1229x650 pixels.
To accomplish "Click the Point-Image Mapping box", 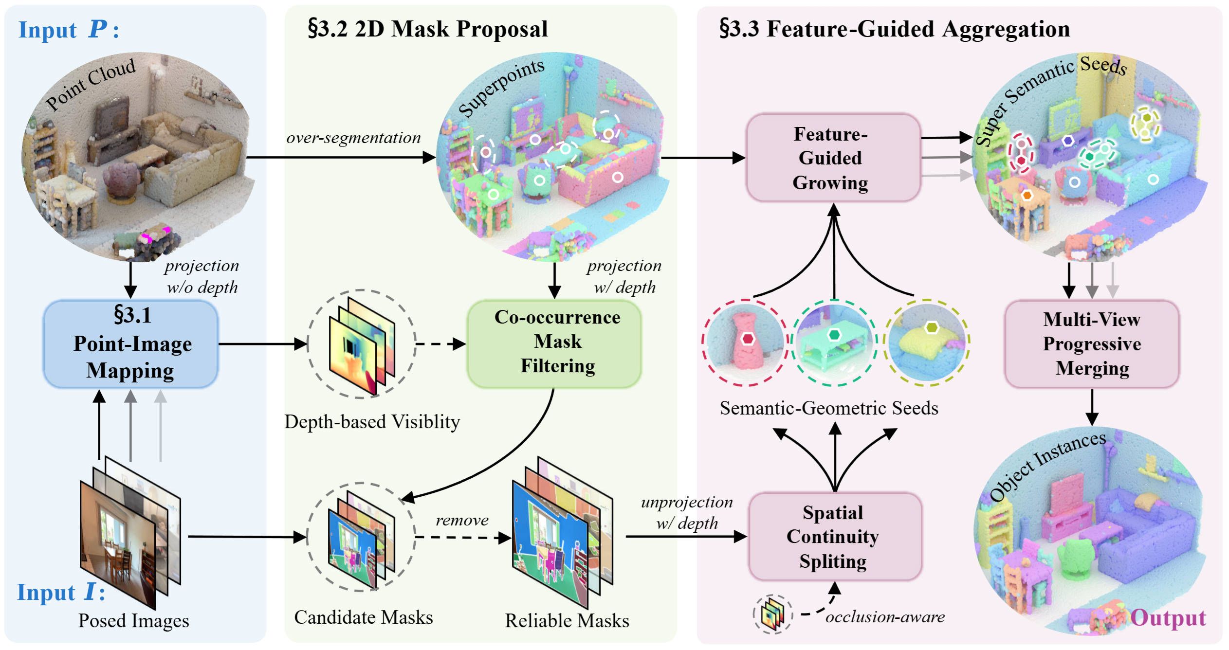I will [x=130, y=343].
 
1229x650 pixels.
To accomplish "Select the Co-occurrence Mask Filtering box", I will [x=554, y=343].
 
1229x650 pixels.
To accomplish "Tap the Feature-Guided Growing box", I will [x=833, y=158].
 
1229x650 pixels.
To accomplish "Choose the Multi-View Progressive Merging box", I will [x=1092, y=343].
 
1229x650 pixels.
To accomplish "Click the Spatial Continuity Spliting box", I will [x=834, y=537].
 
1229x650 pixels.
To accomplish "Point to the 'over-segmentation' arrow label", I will [x=353, y=138].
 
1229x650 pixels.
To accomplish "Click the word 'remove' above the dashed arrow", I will [x=462, y=520].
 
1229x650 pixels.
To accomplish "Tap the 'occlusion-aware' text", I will [x=885, y=617].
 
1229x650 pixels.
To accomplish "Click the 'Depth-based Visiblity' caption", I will [x=372, y=422].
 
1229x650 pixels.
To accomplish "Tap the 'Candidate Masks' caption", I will [x=364, y=617].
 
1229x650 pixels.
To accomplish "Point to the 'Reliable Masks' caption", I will [x=567, y=620].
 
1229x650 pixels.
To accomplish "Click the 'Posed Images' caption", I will [x=134, y=620].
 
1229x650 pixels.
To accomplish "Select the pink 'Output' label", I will [x=1168, y=617].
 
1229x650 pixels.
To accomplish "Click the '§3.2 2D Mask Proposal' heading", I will [x=427, y=29].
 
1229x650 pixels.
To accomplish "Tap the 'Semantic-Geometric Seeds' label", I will [x=829, y=408].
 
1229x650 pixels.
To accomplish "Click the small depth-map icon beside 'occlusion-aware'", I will [x=772, y=614].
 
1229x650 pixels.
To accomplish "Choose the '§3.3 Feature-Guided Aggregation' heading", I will [x=895, y=29].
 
